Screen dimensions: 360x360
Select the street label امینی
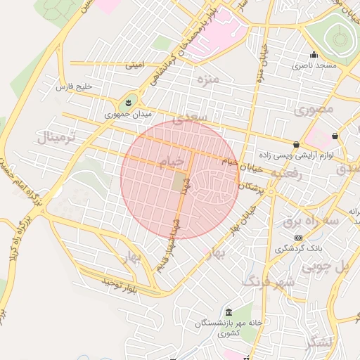(134, 65)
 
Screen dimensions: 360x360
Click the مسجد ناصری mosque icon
(314, 54)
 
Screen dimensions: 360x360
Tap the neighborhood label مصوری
(314, 110)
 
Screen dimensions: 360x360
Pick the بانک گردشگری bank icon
(298, 238)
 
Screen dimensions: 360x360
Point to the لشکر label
(321, 342)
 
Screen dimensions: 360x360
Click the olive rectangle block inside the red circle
(180, 182)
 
